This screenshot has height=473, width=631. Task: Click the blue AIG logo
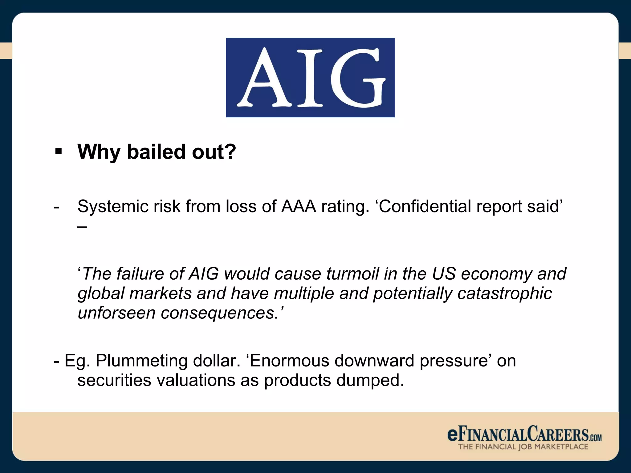pyautogui.click(x=310, y=77)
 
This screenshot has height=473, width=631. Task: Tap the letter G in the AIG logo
pyautogui.click(x=357, y=79)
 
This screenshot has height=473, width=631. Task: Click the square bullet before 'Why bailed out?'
pyautogui.click(x=58, y=152)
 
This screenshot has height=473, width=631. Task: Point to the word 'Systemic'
pyautogui.click(x=113, y=207)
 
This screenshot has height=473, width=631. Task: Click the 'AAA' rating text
pyautogui.click(x=298, y=206)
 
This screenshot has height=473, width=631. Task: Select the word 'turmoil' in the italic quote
pyautogui.click(x=352, y=273)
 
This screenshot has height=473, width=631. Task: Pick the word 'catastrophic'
pyautogui.click(x=504, y=293)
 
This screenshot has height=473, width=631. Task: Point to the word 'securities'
pyautogui.click(x=114, y=380)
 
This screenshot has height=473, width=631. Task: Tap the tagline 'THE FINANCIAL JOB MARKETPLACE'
pyautogui.click(x=523, y=447)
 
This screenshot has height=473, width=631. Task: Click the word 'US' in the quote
pyautogui.click(x=443, y=273)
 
